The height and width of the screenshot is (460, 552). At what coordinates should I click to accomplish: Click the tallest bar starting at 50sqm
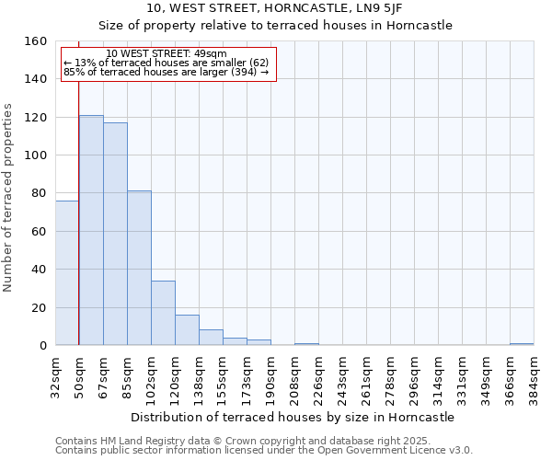[91, 230]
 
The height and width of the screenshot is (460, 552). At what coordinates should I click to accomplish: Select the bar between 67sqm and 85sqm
[115, 235]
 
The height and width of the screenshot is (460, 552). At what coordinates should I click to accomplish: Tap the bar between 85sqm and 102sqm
[139, 268]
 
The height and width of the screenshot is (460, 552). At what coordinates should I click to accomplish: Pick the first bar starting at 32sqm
[67, 273]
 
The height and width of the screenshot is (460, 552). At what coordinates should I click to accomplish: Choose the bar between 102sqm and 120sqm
[163, 313]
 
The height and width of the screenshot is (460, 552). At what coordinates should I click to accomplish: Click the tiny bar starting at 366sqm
[522, 344]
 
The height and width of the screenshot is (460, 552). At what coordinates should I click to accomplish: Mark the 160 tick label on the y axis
[36, 41]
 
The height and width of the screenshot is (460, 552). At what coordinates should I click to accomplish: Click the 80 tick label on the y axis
[40, 193]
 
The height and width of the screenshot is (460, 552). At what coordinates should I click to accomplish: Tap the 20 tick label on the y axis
[40, 307]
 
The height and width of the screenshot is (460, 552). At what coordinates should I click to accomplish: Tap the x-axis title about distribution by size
[293, 417]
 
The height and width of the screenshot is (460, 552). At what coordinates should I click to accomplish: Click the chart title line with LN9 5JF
[275, 7]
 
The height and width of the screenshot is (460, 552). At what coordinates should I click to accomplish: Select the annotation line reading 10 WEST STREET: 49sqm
[167, 54]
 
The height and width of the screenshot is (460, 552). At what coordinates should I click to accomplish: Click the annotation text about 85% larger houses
[166, 73]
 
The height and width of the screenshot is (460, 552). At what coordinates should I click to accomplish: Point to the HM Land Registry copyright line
[249, 441]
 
